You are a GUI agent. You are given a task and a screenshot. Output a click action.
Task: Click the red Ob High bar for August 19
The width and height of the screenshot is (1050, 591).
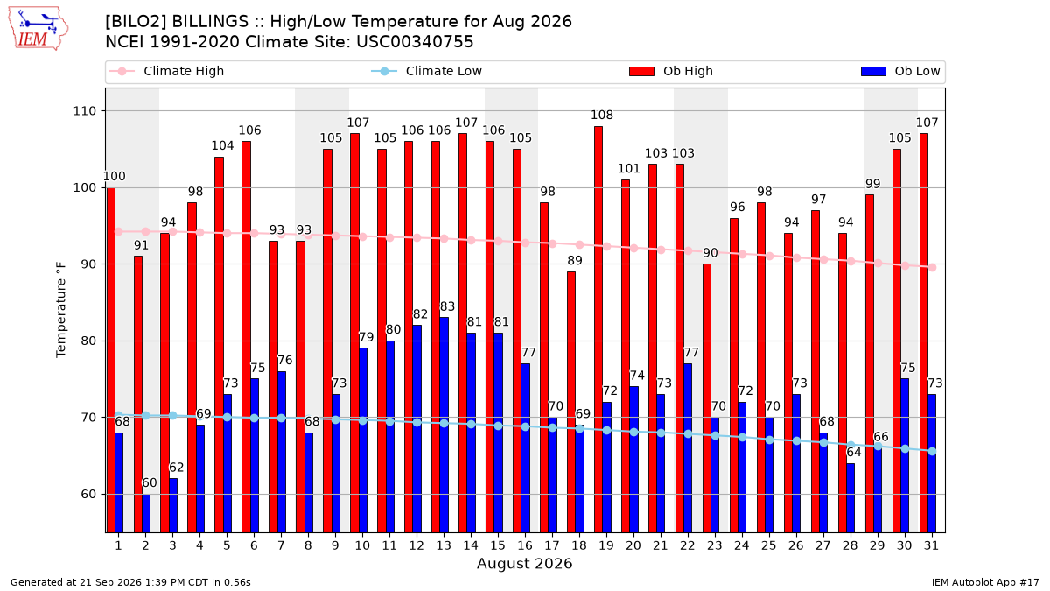[598, 329]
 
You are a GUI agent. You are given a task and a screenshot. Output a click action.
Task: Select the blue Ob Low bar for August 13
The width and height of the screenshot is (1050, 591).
[444, 425]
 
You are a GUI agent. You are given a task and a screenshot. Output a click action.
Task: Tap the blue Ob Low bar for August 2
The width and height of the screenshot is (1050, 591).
[146, 513]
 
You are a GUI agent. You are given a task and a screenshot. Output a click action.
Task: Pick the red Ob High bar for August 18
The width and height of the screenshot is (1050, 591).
[571, 402]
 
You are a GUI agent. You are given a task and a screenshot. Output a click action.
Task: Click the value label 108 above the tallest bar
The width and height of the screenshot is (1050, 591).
[602, 115]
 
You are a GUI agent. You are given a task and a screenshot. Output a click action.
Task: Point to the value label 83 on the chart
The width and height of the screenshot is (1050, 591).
[447, 306]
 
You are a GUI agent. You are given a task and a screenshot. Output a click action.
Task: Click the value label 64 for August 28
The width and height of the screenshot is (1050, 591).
[854, 452]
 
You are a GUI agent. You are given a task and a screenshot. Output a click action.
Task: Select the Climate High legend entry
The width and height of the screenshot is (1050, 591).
[166, 71]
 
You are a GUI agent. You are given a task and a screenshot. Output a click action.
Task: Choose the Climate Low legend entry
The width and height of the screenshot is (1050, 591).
[427, 71]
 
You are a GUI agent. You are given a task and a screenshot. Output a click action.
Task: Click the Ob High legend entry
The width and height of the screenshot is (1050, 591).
[671, 71]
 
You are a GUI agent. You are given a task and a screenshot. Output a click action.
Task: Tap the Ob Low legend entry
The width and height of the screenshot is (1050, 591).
[900, 71]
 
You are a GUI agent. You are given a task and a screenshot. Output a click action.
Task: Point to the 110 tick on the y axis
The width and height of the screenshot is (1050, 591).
[84, 111]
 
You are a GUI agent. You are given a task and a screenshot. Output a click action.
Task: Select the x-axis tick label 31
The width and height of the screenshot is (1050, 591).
[931, 545]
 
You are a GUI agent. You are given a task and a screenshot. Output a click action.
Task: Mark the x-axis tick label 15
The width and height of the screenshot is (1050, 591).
[498, 545]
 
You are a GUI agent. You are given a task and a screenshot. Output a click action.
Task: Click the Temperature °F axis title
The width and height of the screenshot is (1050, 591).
[61, 310]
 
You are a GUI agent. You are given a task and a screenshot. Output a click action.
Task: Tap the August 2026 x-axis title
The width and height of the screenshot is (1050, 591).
[524, 563]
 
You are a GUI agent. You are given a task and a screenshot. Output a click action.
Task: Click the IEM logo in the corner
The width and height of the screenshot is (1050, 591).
[38, 29]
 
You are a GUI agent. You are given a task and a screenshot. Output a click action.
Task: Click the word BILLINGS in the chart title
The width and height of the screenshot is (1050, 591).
[210, 22]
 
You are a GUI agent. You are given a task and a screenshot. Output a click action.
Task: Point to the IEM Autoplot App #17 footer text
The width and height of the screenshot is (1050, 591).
[985, 582]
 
